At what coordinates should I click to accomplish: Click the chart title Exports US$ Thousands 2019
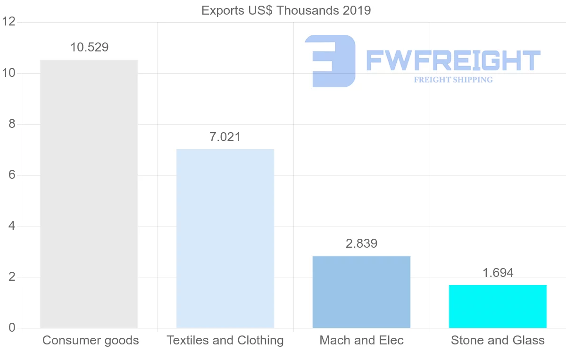pos(286,10)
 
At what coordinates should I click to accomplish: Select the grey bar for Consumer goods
pos(89,193)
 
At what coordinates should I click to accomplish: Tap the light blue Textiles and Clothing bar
pos(225,238)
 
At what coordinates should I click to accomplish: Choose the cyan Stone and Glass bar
pos(498,306)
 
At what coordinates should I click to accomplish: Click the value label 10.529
pos(89,48)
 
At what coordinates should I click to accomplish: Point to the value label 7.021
pos(225,137)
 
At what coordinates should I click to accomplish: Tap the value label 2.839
pos(361,243)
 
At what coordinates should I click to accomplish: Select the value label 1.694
pos(498,273)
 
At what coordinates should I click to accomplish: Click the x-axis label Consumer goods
pos(91,341)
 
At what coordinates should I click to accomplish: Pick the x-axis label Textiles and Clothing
pos(225,341)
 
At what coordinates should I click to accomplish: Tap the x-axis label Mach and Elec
pos(361,341)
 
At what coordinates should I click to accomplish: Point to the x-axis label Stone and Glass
pos(498,341)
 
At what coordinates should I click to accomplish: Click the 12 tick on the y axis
pos(9,22)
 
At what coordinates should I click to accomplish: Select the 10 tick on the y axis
pos(9,73)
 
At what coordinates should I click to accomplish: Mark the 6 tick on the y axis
pos(12,175)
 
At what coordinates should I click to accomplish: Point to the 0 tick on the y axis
pos(12,328)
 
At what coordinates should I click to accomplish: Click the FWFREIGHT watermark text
pos(453,60)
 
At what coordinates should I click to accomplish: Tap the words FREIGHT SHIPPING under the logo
pos(453,80)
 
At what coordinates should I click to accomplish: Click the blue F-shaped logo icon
pos(330,60)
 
